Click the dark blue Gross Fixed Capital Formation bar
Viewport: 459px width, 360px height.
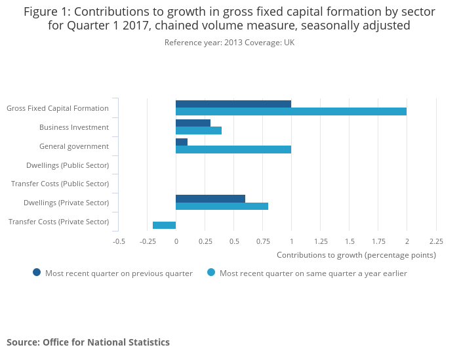[233, 104]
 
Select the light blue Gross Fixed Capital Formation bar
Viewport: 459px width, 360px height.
[290, 111]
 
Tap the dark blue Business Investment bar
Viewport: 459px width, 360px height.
[193, 123]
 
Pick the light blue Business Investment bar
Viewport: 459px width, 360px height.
[198, 130]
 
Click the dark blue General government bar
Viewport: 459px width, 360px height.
[182, 142]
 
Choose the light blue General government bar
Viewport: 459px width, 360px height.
[233, 150]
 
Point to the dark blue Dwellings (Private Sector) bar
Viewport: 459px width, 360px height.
[210, 199]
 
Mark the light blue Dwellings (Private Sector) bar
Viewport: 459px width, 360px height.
[222, 206]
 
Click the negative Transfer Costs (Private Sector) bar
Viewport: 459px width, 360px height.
[164, 225]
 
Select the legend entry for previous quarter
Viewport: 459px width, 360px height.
[113, 273]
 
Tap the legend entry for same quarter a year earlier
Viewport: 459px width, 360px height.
[307, 273]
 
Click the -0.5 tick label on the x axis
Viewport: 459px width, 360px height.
[119, 241]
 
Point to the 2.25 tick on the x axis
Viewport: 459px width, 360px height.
[436, 241]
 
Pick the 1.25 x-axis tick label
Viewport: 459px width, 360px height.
[321, 241]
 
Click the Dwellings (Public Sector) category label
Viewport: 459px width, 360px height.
[68, 165]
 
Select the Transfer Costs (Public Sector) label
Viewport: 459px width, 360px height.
[60, 184]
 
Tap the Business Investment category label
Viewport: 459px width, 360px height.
[74, 127]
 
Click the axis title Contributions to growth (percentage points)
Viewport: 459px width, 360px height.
[356, 254]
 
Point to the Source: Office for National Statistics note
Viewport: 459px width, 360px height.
[88, 342]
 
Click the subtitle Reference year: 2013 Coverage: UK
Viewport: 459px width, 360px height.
[229, 43]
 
